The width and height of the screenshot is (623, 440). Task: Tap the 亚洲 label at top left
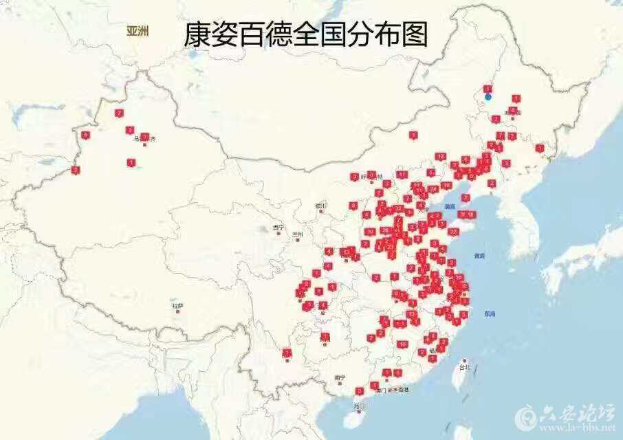[138, 30]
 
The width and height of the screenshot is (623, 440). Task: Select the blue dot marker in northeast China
[488, 97]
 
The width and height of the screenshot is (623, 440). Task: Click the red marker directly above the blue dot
[488, 89]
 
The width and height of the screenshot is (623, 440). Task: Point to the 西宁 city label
[278, 228]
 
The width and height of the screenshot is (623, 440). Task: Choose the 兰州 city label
[297, 234]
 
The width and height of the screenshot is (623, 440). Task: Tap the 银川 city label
[320, 206]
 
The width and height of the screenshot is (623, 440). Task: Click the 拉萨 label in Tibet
[178, 305]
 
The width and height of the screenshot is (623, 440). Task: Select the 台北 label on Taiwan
[466, 367]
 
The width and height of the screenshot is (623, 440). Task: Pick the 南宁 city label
[339, 377]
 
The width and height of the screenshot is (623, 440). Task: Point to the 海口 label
[358, 406]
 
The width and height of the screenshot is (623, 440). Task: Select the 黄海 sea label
[479, 256]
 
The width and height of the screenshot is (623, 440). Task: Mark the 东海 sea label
[489, 314]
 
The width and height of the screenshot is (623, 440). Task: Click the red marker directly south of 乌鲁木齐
[131, 162]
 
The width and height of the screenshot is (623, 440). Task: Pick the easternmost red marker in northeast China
[540, 148]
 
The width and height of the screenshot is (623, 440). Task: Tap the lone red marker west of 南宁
[287, 353]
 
